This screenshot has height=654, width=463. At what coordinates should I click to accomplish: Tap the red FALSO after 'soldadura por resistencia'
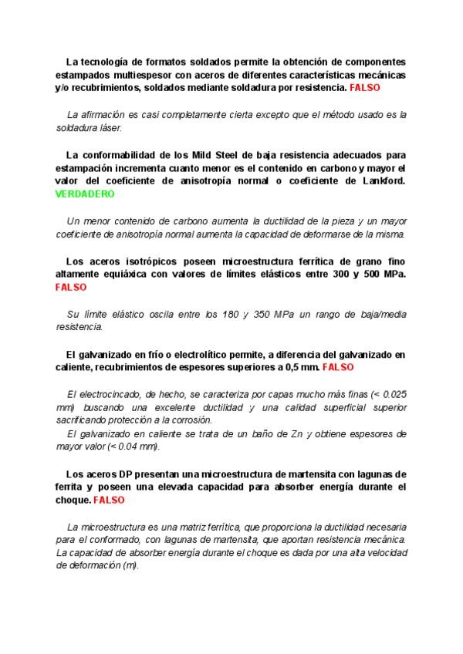click(x=365, y=89)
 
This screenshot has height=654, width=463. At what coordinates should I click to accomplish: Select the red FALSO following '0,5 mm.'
click(x=338, y=367)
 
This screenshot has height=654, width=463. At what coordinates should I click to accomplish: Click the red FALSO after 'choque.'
click(x=109, y=501)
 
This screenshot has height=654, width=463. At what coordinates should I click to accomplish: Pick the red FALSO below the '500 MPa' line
click(x=71, y=287)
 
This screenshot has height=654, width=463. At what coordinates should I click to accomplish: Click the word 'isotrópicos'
click(x=144, y=260)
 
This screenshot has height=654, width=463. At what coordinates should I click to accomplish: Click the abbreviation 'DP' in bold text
click(x=129, y=474)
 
